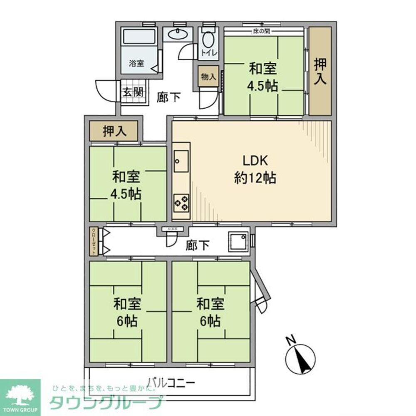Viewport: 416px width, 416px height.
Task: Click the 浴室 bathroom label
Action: pos(136,64)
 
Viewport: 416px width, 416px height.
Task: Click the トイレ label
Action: pos(208,53)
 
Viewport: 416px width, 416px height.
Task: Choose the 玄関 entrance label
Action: pos(133,92)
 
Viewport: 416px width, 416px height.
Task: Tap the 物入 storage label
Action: pos(208,77)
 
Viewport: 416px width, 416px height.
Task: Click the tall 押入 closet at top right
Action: pos(320,72)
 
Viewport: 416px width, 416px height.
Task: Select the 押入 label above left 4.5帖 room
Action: pos(114,131)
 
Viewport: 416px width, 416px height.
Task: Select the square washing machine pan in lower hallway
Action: pos(238,241)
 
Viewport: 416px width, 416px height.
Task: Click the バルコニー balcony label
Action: pos(171,381)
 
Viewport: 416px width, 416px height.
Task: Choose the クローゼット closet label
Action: pos(93,241)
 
